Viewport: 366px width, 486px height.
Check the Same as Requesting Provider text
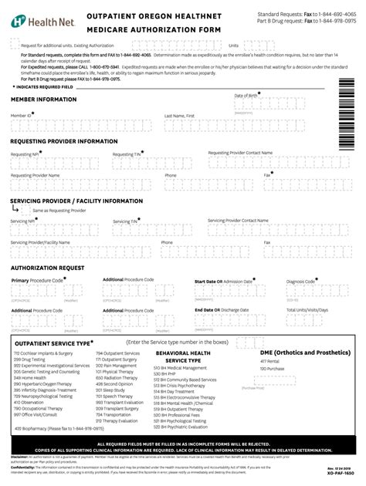pos(53,210)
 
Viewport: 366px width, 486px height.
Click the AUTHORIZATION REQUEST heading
pos(47,267)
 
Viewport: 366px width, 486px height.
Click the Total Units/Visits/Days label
pos(308,310)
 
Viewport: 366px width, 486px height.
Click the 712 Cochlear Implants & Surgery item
pos(41,353)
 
